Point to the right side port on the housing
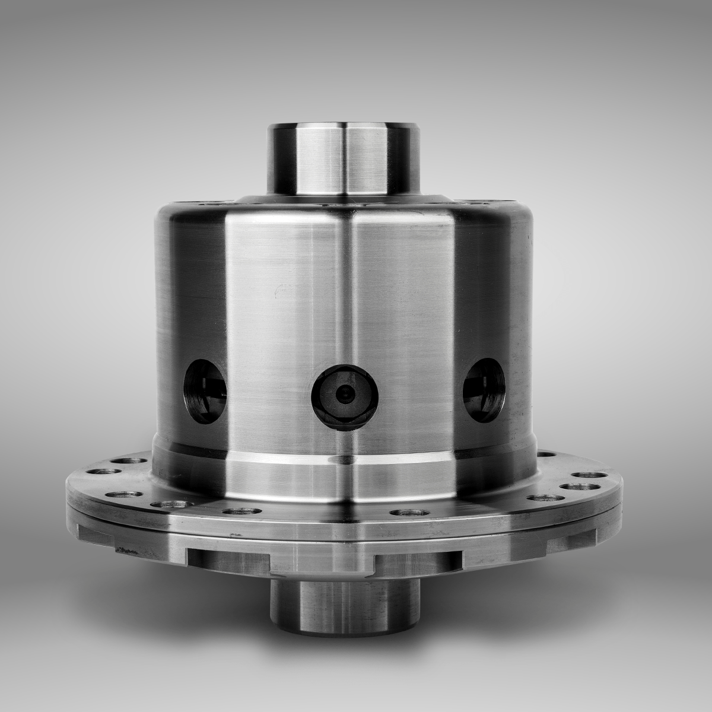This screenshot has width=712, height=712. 484,389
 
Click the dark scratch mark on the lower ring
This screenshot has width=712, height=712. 126,551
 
